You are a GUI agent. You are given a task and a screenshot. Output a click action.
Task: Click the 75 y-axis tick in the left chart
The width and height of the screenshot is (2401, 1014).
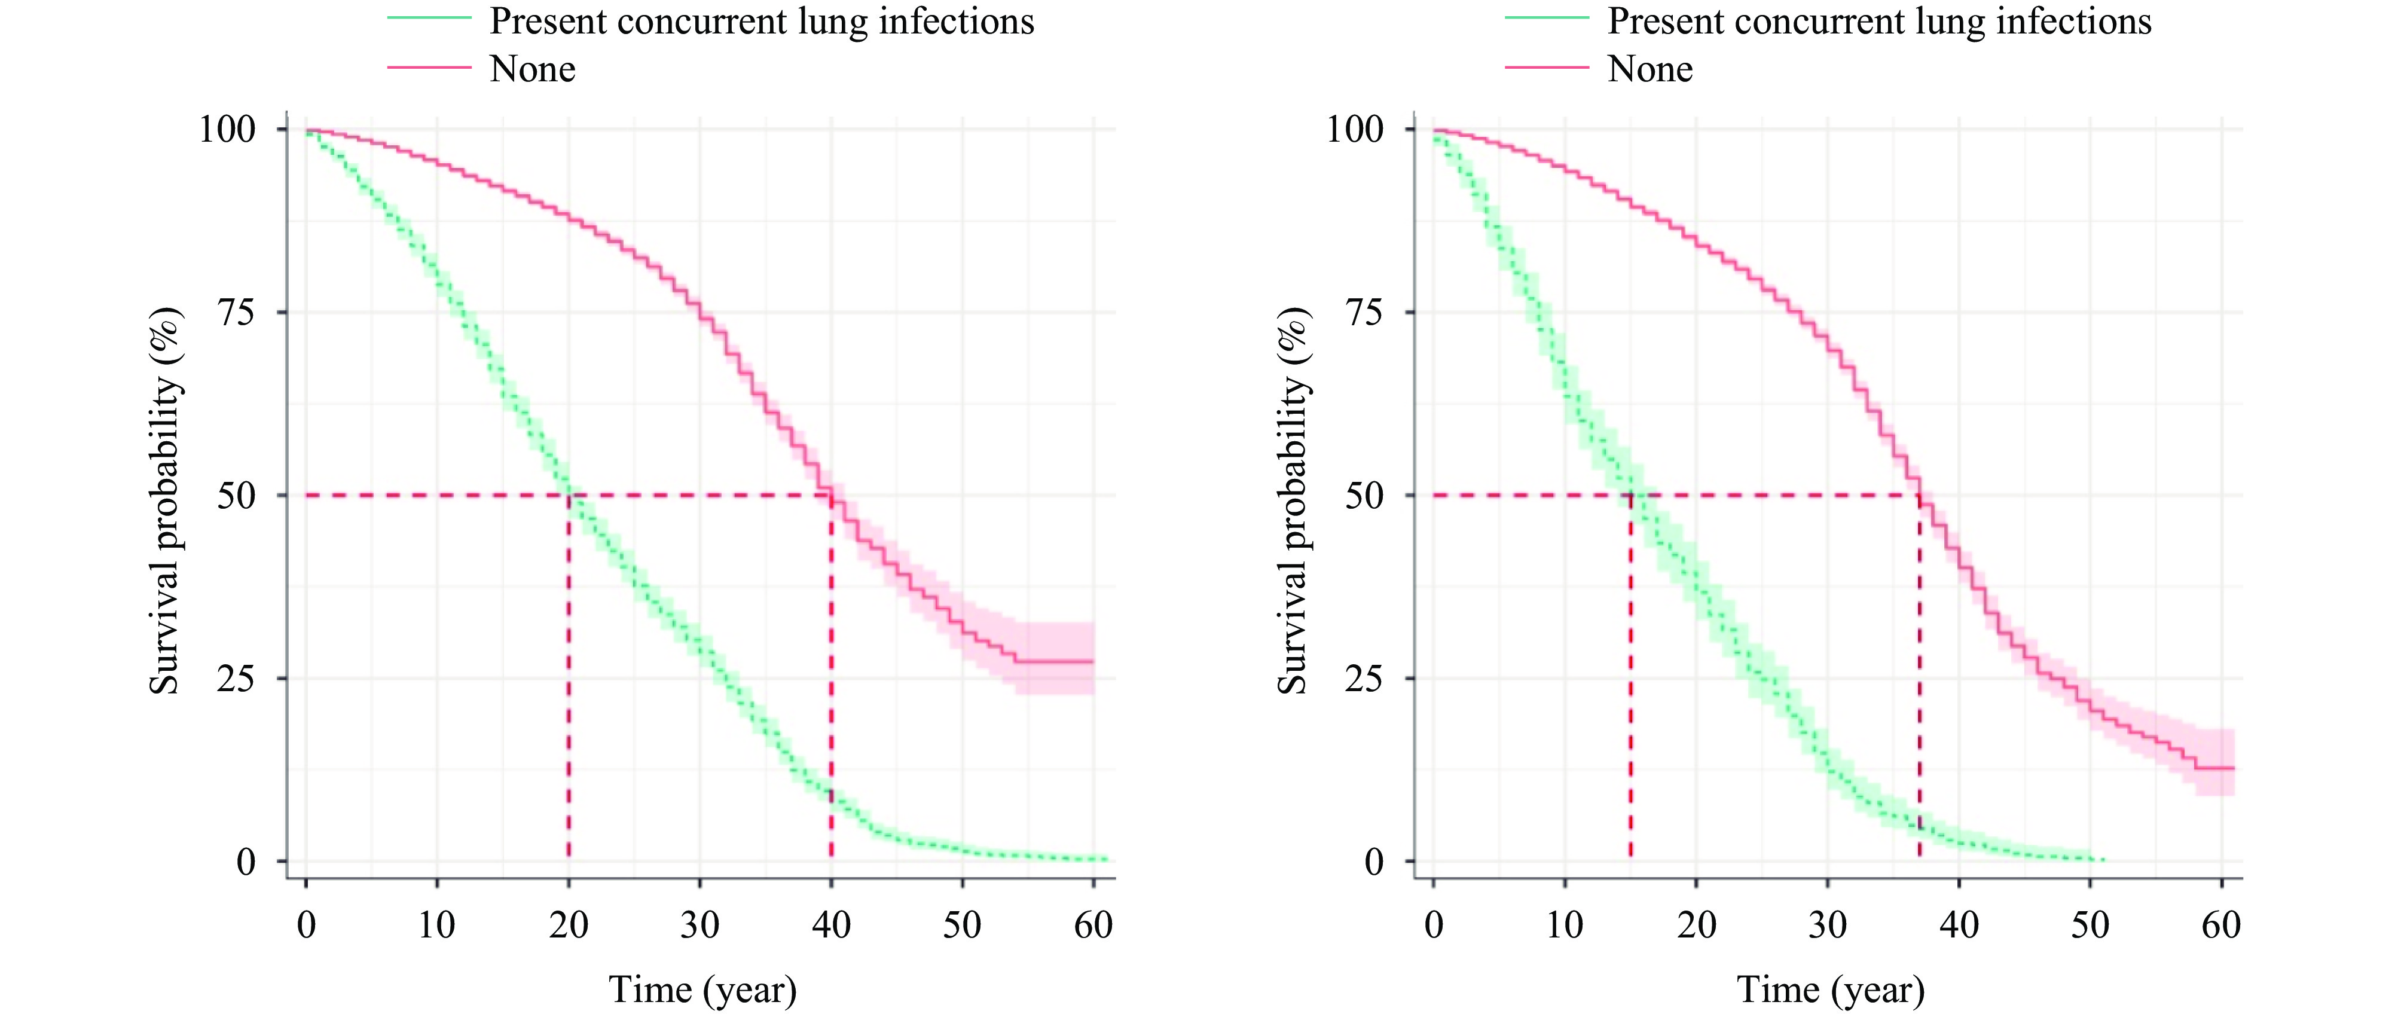coord(235,312)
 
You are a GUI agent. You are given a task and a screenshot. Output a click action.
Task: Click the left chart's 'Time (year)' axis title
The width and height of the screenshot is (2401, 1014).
coord(702,989)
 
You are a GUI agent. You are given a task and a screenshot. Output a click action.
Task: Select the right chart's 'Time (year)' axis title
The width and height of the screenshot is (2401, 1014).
coord(1831,989)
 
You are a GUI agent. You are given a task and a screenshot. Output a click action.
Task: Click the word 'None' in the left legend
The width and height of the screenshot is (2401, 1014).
coord(532,69)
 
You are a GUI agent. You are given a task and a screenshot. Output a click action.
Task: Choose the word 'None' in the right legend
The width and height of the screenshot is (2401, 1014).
coord(1649,69)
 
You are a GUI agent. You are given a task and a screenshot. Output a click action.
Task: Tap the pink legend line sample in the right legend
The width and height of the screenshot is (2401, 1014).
coord(1546,67)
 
